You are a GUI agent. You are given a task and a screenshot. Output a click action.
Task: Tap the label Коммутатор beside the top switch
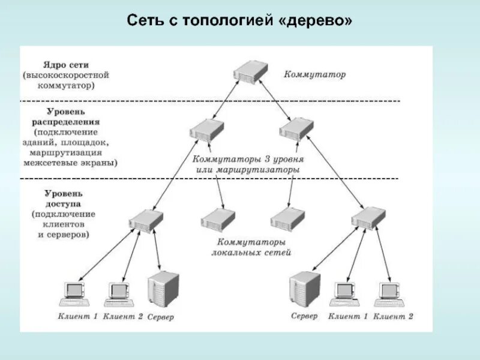[315, 75]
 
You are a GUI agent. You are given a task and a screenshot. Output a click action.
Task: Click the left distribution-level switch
[206, 130]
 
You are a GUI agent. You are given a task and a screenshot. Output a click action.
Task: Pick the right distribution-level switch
[297, 130]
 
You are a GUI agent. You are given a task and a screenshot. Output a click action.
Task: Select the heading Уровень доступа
[63, 198]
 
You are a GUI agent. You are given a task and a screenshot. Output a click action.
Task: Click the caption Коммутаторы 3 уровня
[248, 160]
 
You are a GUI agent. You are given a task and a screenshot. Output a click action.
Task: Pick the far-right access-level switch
[368, 217]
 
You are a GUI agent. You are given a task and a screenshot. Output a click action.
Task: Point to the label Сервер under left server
[160, 317]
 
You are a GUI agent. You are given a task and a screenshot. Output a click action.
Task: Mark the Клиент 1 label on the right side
[348, 316]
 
